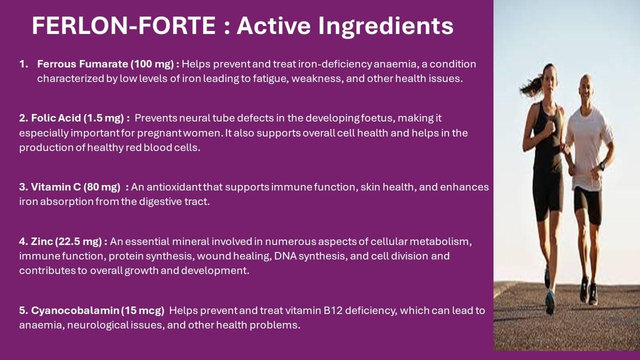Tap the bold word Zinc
click(41, 241)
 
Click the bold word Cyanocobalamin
click(75, 310)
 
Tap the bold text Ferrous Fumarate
click(82, 64)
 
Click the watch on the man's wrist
click(602, 165)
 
